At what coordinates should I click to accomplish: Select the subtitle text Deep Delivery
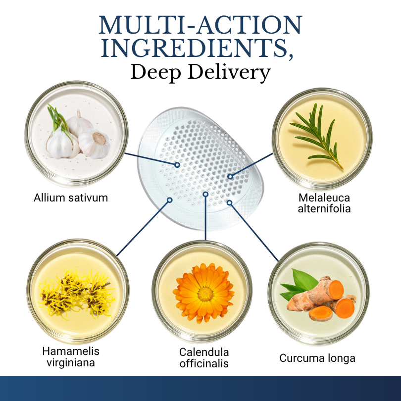point(200,73)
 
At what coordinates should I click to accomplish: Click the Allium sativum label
point(71,198)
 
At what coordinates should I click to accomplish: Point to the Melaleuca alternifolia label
point(324,203)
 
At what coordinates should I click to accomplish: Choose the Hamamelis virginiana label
point(71,357)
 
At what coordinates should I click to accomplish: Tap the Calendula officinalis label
point(204,358)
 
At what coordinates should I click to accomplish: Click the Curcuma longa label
point(317,358)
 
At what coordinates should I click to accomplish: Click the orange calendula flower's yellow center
point(205,294)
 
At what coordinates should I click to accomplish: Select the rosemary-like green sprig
point(317,136)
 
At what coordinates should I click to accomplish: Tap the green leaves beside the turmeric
point(299,284)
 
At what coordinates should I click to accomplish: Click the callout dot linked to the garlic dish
point(177,165)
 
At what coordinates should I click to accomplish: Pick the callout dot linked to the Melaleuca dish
point(230,176)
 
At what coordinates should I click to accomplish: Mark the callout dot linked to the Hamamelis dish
point(169,200)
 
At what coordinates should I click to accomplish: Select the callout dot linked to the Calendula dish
point(205,195)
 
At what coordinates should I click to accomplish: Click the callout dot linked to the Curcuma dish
point(229,203)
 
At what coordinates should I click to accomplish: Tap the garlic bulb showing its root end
point(94,144)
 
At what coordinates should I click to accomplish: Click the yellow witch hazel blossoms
point(76,294)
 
